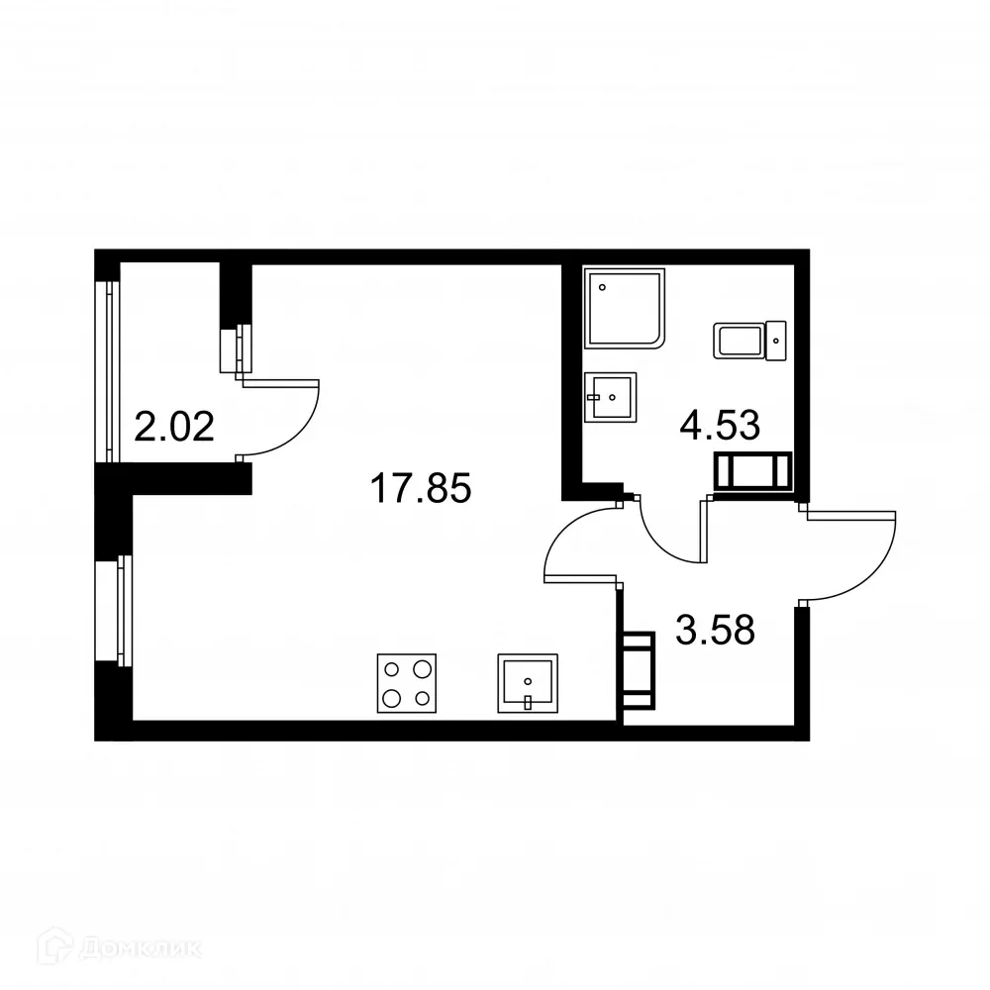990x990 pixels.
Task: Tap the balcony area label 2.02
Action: pyautogui.click(x=175, y=429)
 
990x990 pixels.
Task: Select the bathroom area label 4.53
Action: pyautogui.click(x=719, y=425)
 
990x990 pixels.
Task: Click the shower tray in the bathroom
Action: pyautogui.click(x=626, y=308)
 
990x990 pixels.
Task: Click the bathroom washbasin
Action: pyautogui.click(x=610, y=398)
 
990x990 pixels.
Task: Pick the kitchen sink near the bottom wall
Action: pyautogui.click(x=528, y=682)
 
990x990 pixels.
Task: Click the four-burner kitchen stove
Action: pyautogui.click(x=407, y=682)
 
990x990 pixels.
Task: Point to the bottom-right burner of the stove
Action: pyautogui.click(x=423, y=699)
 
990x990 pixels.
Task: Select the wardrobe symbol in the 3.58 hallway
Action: pyautogui.click(x=639, y=672)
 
